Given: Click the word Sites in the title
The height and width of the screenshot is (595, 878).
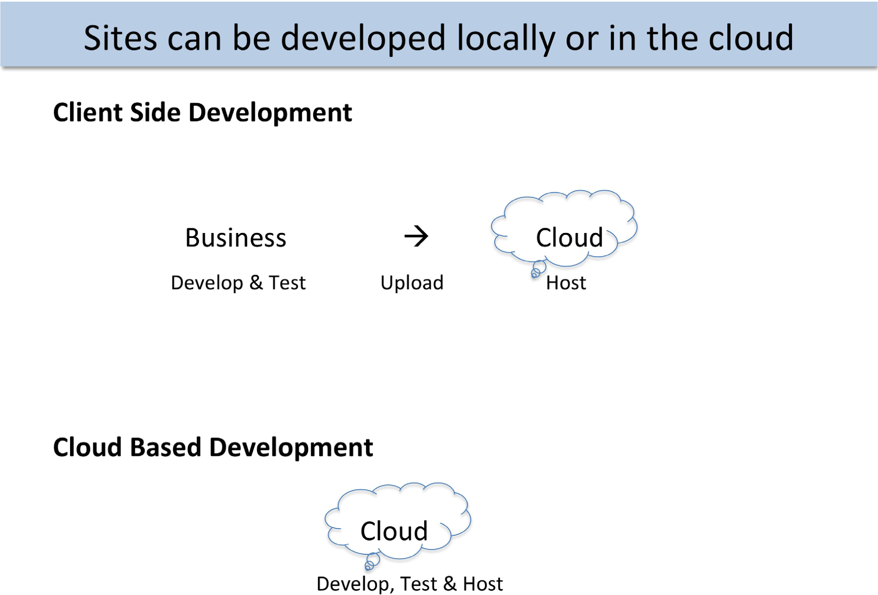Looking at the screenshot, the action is click(x=121, y=38).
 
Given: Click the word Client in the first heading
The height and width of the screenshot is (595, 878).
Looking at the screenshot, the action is click(x=87, y=112).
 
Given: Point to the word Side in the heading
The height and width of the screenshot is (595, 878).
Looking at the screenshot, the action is click(x=155, y=112).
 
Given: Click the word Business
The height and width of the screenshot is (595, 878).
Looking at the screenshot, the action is click(x=236, y=237).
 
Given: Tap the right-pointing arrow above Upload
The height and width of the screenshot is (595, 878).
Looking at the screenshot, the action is click(x=416, y=236).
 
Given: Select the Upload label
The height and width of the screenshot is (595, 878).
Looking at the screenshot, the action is click(x=412, y=283).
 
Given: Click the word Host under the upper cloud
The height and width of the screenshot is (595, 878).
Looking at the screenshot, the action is click(x=566, y=283).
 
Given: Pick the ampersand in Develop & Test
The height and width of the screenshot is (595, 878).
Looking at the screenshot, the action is click(x=256, y=283).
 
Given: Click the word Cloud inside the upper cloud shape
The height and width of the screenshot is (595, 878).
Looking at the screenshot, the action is click(x=570, y=237).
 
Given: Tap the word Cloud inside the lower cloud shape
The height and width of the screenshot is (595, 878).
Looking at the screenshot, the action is click(x=394, y=531).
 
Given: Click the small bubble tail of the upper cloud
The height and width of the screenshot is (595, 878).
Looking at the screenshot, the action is click(x=537, y=269).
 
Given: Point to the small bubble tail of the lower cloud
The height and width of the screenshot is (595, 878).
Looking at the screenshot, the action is click(x=371, y=562).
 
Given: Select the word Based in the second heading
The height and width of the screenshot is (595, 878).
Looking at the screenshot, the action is click(x=165, y=447).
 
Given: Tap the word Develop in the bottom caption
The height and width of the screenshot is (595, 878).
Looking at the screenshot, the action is click(x=353, y=584).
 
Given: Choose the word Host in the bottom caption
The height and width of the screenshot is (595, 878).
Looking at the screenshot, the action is click(x=483, y=584).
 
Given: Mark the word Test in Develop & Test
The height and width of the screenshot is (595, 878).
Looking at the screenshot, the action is click(x=287, y=283).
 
